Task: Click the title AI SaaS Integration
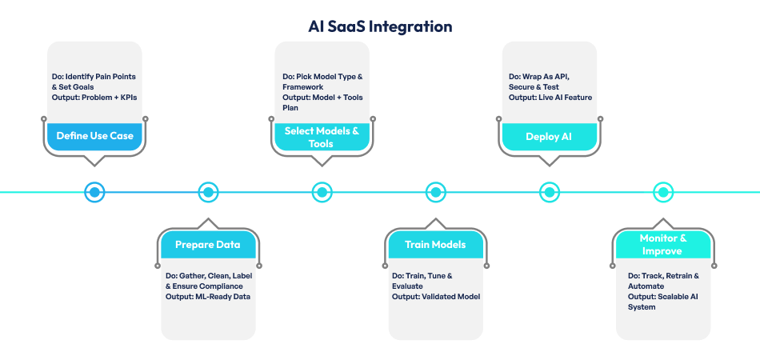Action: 380,26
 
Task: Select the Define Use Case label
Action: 94,136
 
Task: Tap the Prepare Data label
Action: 208,244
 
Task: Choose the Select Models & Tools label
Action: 322,137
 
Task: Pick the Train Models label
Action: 435,244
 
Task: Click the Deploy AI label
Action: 549,136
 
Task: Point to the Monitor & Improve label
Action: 662,245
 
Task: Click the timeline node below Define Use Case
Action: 94,192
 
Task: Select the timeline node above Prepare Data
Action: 208,192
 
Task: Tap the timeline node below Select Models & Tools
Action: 322,192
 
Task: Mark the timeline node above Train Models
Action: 435,192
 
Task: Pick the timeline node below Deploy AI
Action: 549,192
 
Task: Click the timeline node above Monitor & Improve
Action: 662,192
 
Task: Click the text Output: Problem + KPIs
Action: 88,98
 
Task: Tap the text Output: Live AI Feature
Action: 550,98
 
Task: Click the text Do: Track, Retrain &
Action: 664,276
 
